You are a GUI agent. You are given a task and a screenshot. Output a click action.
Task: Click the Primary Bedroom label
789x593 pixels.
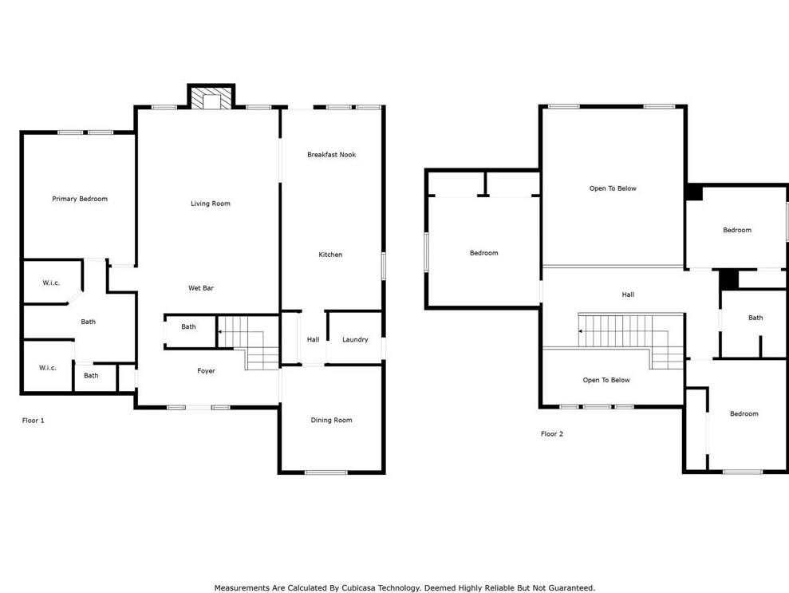[80, 199]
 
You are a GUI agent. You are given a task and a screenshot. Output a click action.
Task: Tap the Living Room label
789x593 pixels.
[211, 204]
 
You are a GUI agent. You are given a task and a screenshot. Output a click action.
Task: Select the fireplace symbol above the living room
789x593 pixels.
[211, 98]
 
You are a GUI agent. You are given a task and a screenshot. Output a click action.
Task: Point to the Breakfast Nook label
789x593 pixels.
[331, 155]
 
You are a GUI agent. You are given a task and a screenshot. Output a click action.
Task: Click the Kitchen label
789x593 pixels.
[330, 255]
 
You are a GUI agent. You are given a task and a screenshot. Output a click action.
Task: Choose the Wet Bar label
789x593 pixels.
[201, 288]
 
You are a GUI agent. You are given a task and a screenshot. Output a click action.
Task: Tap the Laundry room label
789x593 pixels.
[355, 340]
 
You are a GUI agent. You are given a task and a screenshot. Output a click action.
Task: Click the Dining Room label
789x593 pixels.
[331, 420]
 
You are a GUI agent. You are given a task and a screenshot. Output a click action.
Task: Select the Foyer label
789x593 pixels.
[206, 371]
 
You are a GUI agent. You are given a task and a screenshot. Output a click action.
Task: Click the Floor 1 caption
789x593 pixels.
[34, 421]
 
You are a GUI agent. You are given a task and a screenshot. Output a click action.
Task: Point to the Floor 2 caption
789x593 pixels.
[552, 434]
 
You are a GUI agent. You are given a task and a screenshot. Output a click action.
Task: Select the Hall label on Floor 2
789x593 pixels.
[628, 295]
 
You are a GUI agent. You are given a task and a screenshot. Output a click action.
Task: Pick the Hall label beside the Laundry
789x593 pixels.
[313, 340]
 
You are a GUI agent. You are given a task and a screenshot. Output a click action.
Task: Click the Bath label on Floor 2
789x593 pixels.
[755, 318]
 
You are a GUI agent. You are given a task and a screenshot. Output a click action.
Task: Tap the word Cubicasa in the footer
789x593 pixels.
[359, 587]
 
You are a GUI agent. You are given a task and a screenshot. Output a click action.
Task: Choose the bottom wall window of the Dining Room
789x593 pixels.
[326, 472]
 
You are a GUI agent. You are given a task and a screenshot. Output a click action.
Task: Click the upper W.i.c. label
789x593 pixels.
[51, 283]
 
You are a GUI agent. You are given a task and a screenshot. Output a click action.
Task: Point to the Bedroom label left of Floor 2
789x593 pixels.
[484, 253]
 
